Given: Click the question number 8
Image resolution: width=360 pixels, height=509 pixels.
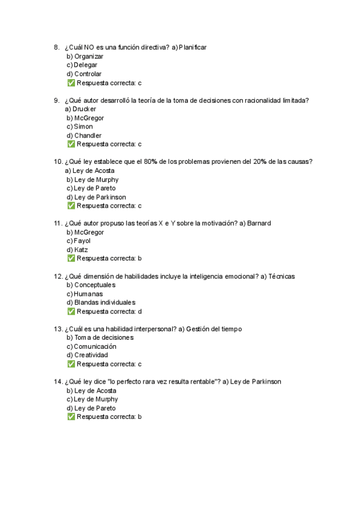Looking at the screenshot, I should [x=56, y=47].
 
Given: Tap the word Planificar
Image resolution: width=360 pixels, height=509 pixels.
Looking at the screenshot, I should [x=193, y=47].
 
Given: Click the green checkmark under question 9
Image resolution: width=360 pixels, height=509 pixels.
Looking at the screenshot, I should [x=71, y=144].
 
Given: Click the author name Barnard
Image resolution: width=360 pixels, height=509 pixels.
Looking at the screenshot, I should [x=259, y=223].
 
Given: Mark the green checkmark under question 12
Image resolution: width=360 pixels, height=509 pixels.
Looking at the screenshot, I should [x=71, y=312].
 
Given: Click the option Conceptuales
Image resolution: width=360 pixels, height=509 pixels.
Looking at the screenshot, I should [x=96, y=285].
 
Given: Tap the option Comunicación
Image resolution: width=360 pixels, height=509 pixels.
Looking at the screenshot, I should [x=95, y=346].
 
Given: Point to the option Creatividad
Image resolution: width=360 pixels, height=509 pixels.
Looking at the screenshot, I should [x=91, y=355].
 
